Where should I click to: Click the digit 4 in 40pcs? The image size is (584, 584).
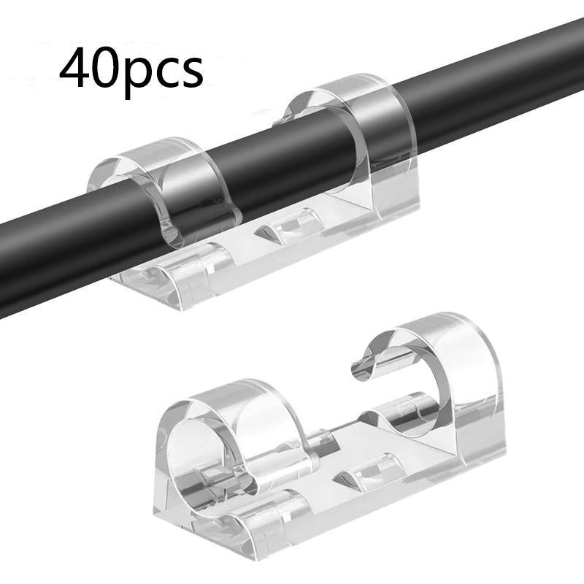73,67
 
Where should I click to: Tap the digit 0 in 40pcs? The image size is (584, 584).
105,67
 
